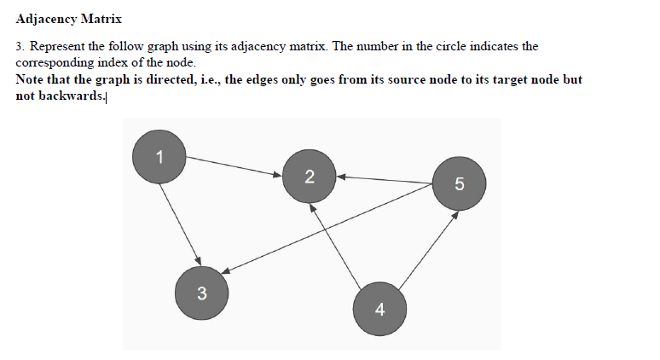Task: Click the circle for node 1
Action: (159, 155)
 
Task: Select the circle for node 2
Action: (309, 177)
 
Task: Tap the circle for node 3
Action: (201, 293)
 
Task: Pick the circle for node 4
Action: (379, 309)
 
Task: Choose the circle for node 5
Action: (460, 183)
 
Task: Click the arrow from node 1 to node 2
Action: (234, 166)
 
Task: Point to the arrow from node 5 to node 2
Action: (384, 180)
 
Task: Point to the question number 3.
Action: (19, 46)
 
